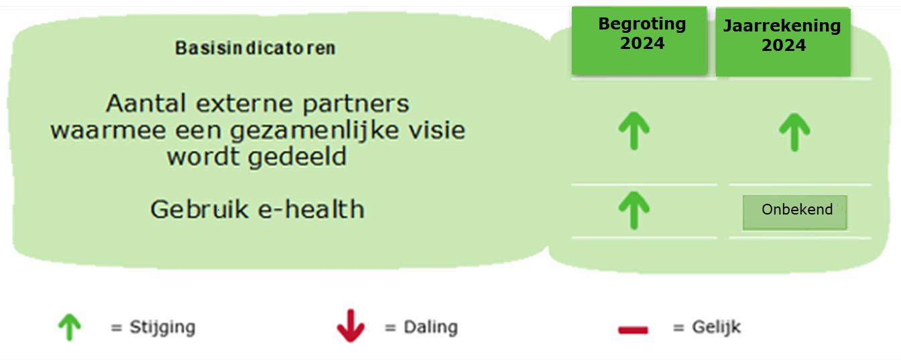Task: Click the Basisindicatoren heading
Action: tap(255, 48)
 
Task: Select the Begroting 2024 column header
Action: tap(639, 40)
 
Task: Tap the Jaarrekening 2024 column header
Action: tap(783, 42)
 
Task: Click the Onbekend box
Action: tap(795, 213)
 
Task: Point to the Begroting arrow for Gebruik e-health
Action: tap(634, 211)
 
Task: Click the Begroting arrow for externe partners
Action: tap(634, 131)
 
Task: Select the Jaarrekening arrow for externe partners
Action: tap(794, 132)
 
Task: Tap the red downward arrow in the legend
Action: tap(351, 326)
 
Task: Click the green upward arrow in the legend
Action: tap(70, 327)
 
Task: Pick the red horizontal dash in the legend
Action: tap(633, 331)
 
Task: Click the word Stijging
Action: tap(162, 327)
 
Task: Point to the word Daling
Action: tap(431, 327)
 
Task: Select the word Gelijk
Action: tap(717, 327)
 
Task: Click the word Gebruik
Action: tap(200, 209)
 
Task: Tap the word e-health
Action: tap(311, 209)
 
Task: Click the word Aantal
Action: tap(146, 103)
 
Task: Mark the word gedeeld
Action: tap(297, 156)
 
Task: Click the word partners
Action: tap(356, 104)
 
